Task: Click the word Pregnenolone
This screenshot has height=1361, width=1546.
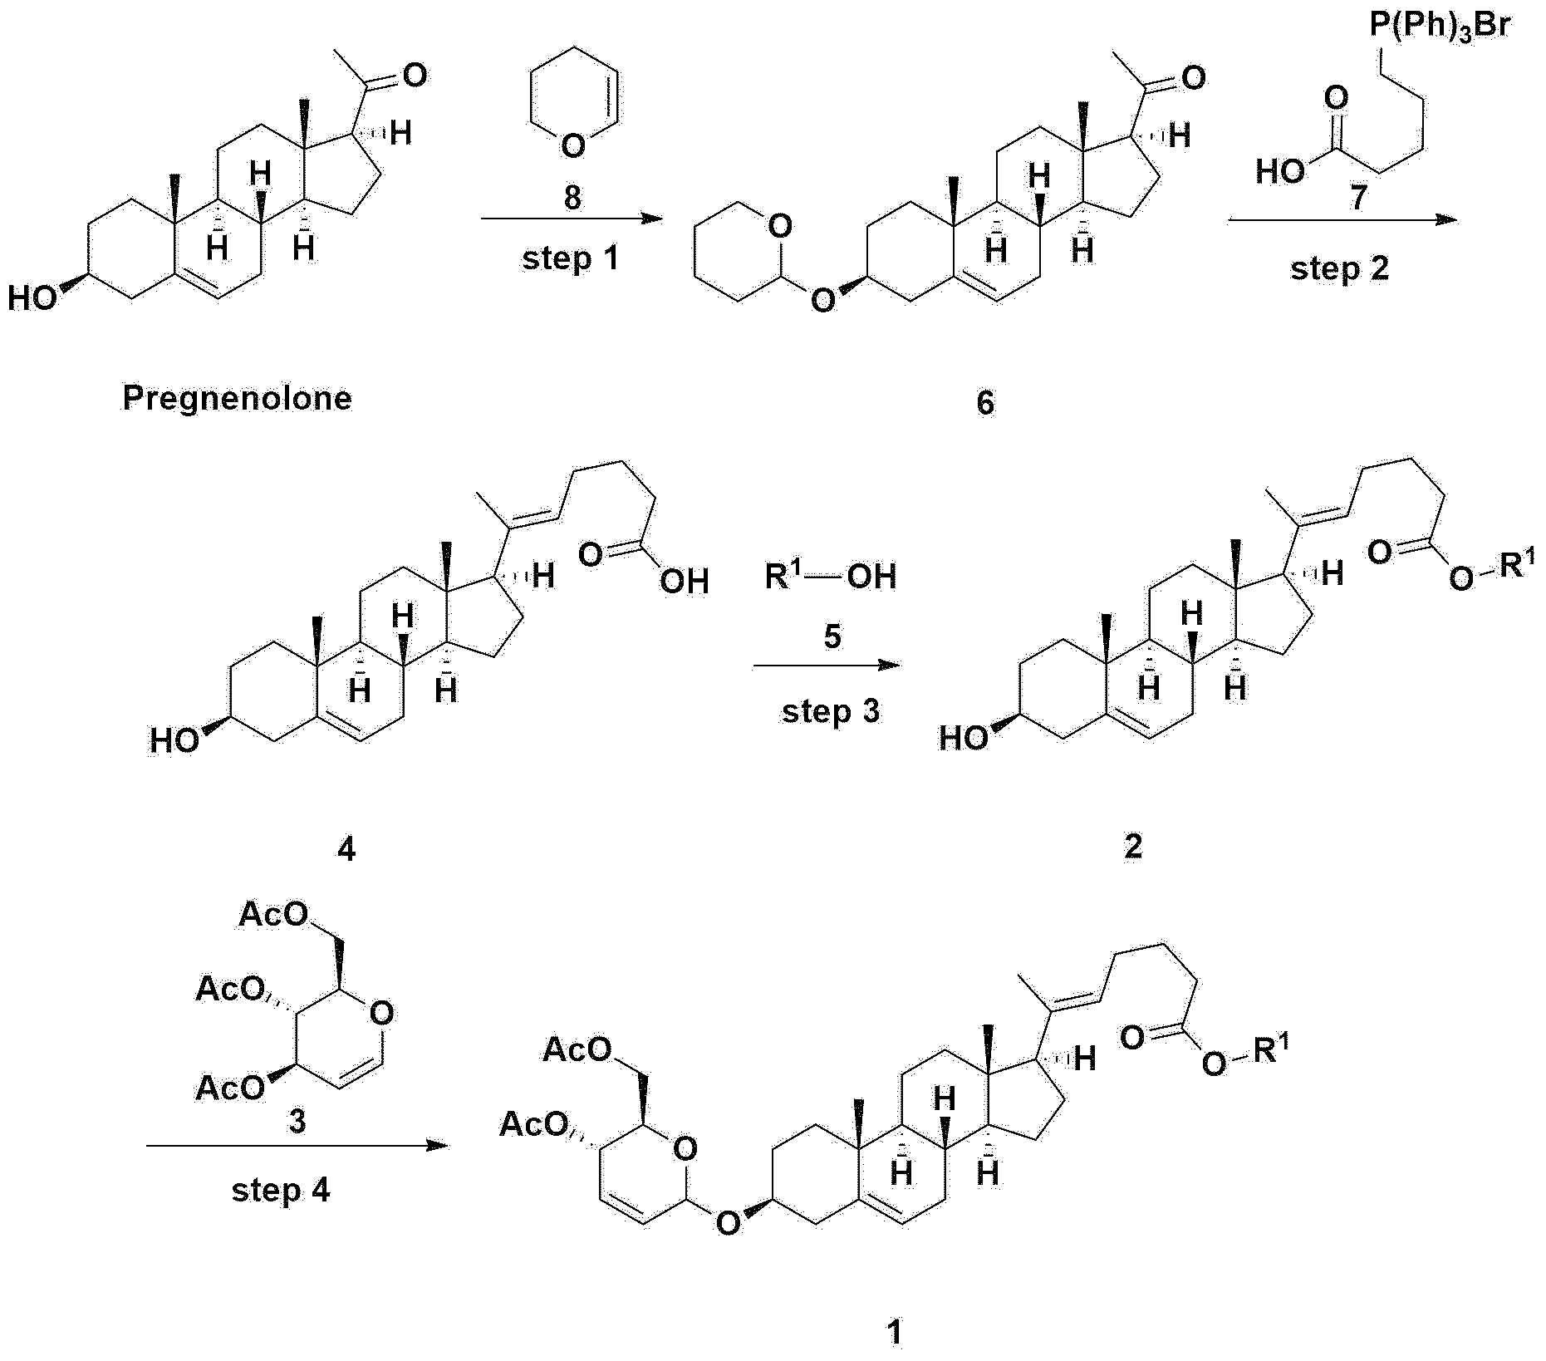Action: [x=238, y=400]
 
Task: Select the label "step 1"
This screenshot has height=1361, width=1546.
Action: [x=571, y=259]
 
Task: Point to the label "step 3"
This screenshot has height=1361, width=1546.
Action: [x=831, y=712]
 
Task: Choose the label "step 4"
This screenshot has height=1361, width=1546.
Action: [x=281, y=1191]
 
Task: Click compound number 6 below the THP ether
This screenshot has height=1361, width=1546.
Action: [x=985, y=403]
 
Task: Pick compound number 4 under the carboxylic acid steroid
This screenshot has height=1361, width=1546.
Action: [x=346, y=849]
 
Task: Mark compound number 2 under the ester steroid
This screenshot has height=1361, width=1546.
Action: [x=1133, y=846]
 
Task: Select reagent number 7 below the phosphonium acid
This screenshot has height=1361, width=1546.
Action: [x=1357, y=199]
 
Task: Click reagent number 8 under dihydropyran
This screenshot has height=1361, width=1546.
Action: [x=572, y=198]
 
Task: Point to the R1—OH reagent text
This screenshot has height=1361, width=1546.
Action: [x=831, y=576]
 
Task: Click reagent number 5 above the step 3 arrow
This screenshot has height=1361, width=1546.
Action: [x=832, y=637]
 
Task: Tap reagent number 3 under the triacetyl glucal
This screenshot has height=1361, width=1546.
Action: [x=297, y=1122]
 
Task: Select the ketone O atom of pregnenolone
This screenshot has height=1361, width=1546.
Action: [x=415, y=76]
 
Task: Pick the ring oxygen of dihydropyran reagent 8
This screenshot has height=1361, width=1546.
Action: [x=572, y=147]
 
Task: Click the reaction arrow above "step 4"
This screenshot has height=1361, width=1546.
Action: [x=297, y=1147]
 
